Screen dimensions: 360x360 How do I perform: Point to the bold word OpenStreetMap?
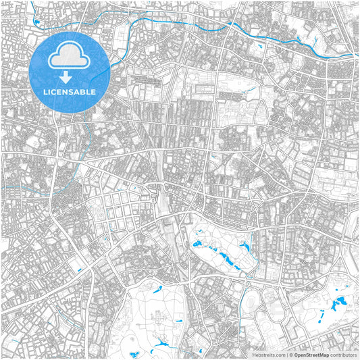315,354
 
